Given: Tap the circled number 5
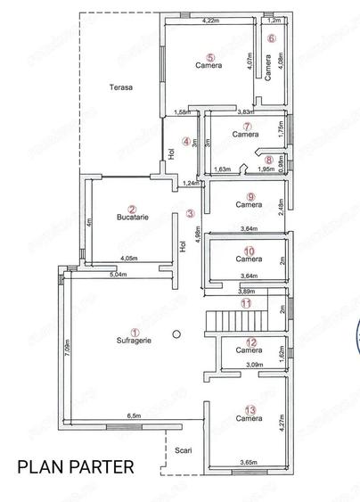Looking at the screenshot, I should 209,57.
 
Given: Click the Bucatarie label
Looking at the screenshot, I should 132,217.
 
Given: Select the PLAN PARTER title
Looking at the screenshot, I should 76,465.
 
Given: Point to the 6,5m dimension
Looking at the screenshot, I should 134,416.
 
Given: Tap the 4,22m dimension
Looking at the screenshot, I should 211,20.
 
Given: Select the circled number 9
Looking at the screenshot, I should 250,196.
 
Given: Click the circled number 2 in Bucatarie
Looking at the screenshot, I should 132,207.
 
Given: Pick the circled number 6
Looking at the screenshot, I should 272,38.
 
